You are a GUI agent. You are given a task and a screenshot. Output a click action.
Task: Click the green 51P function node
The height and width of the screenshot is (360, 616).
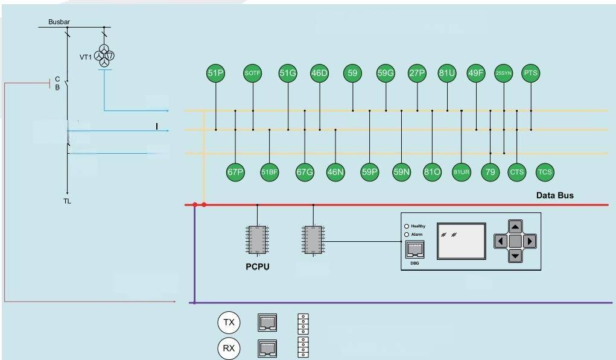pos(215,74)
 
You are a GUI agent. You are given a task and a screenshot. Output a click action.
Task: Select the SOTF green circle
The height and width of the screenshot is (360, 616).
pos(252,74)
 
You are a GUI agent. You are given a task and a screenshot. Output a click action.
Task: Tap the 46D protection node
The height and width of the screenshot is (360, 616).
pos(319,74)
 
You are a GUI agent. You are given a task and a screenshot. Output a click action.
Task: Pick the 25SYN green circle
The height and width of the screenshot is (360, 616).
pos(503,74)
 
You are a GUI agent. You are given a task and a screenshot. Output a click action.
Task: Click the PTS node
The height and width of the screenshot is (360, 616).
pos(530,74)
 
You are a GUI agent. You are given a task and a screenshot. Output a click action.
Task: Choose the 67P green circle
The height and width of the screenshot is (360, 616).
pos(235,172)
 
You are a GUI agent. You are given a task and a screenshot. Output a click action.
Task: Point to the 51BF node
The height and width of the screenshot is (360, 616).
pos(269,172)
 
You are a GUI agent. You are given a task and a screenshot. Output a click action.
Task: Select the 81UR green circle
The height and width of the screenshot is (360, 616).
pos(461,172)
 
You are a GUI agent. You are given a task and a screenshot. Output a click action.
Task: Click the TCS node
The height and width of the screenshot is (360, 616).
pos(545,172)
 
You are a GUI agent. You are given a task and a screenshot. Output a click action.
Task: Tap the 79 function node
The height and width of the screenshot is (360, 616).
pos(490,172)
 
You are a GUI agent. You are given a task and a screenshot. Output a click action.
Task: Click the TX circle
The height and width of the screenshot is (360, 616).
pos(229,323)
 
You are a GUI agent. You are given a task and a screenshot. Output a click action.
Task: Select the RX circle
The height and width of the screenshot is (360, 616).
pos(229,348)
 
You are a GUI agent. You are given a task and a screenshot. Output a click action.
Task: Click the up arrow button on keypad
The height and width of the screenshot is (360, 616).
pos(515,227)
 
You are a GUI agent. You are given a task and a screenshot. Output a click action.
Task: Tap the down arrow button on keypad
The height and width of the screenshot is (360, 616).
pos(515,256)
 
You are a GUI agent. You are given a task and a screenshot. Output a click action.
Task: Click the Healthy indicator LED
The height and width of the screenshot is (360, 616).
pos(407,226)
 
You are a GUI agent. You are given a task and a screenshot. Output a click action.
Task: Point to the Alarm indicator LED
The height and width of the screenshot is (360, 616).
pos(407,234)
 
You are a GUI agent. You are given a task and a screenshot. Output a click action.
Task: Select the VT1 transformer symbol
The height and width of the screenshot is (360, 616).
pos(106,57)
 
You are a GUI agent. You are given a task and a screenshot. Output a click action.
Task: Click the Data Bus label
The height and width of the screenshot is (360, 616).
pos(554,195)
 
